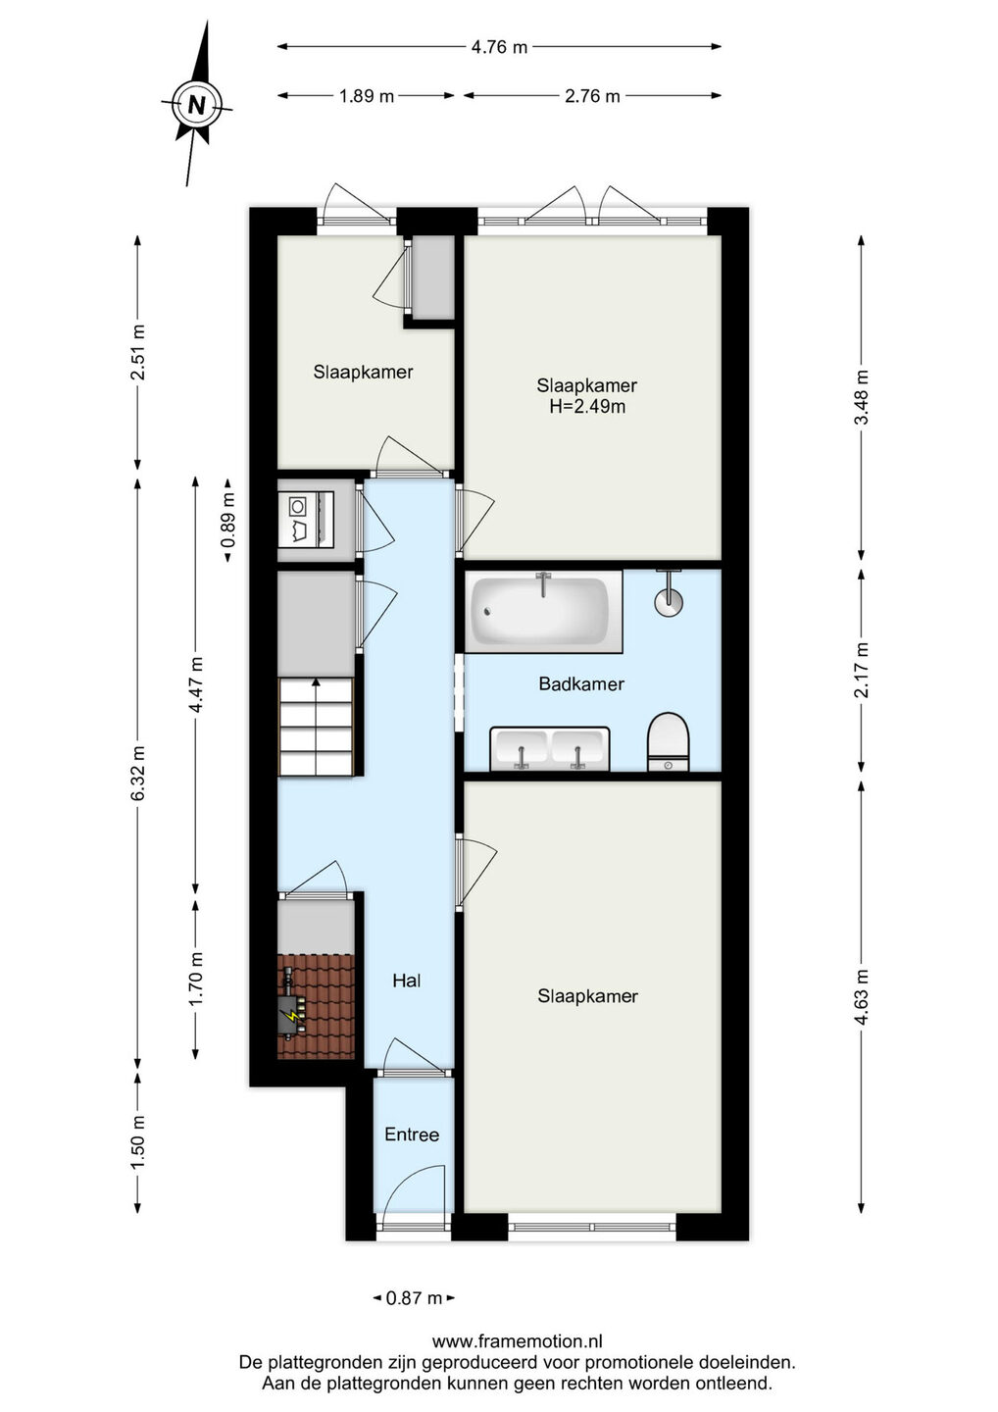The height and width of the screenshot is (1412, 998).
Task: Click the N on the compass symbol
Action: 197,104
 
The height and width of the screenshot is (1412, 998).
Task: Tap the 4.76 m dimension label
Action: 499,47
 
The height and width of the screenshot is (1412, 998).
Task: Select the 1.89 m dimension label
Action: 366,96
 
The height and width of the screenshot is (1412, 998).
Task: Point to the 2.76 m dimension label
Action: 591,96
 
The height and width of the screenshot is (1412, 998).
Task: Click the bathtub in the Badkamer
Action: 542,612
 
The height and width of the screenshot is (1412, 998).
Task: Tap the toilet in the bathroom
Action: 669,741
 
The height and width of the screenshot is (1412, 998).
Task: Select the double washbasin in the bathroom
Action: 550,748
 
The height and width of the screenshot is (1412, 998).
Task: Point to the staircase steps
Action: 317,727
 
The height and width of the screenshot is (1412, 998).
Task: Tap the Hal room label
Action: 407,981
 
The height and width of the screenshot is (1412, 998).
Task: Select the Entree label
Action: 412,1135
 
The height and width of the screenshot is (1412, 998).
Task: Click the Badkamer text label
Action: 581,684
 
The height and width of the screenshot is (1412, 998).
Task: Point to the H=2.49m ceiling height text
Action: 587,407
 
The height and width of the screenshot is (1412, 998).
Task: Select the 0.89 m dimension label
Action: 228,520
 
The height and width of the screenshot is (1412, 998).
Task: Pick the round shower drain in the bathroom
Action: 669,602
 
